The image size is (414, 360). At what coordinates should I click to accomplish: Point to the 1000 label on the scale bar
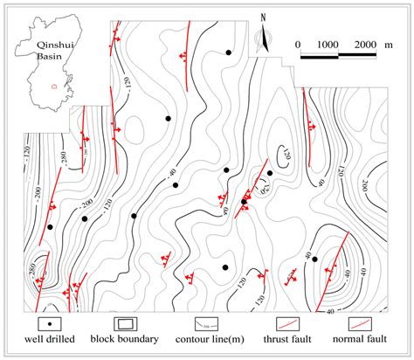[328, 44]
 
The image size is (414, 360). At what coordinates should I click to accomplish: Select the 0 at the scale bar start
[298, 44]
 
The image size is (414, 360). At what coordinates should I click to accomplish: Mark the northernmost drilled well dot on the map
[229, 53]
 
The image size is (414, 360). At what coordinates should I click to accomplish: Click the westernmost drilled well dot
[50, 227]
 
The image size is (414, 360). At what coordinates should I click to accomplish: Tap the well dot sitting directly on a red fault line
[244, 202]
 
